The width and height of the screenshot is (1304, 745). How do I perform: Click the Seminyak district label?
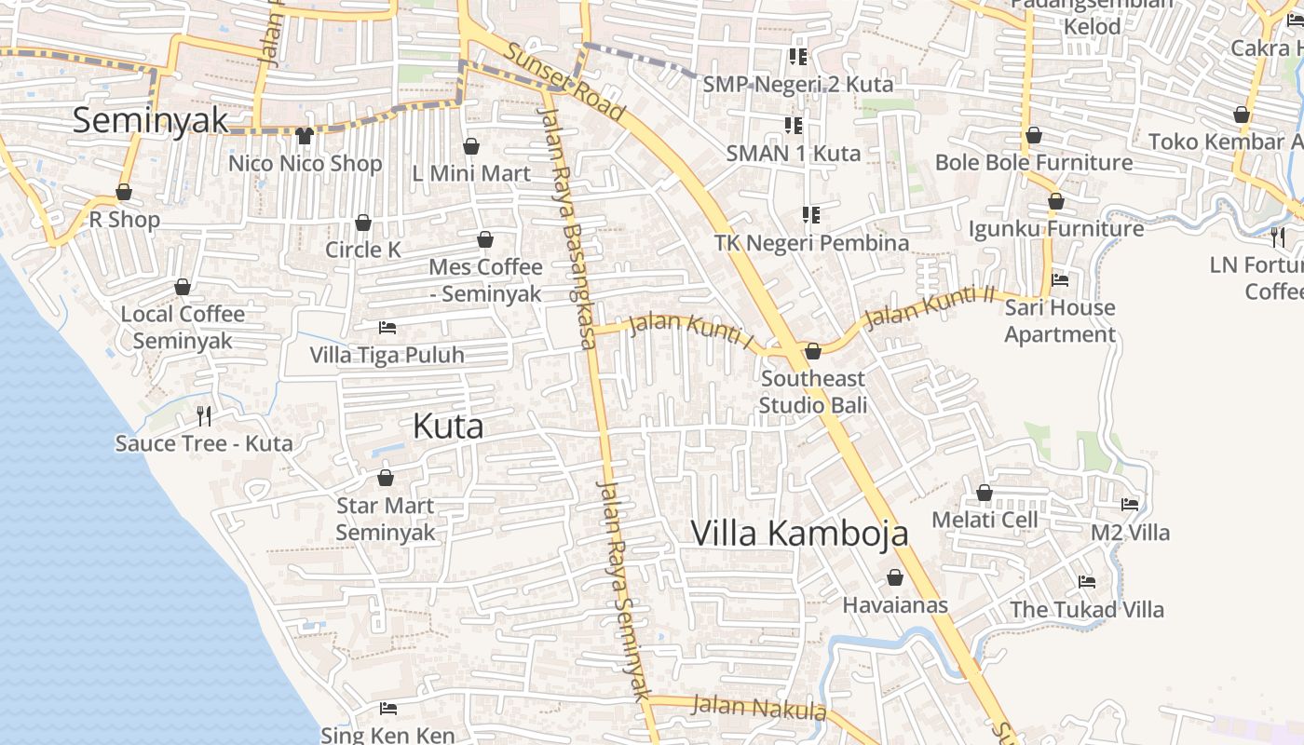(150, 120)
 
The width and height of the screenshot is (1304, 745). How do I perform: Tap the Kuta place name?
(448, 427)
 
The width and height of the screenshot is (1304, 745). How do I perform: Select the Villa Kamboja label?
(799, 534)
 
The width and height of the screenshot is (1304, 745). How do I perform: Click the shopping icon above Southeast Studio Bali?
(813, 351)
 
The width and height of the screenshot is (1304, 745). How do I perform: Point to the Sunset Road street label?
(564, 80)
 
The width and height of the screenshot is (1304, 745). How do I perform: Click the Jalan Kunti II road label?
(930, 307)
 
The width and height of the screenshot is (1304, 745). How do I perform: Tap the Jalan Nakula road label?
(759, 708)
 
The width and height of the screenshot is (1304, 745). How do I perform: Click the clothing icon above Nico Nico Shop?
(304, 136)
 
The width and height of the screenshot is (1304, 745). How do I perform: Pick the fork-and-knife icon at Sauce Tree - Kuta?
(204, 415)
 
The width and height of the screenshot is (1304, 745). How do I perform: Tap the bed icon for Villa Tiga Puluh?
(387, 328)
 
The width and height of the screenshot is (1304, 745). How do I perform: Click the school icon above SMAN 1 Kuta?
(794, 125)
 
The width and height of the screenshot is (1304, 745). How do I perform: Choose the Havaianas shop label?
(895, 605)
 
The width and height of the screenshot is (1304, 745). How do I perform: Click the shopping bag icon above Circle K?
(363, 223)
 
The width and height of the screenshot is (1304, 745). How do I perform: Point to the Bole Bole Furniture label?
(1034, 163)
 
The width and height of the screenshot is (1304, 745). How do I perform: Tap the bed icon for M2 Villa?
(1130, 505)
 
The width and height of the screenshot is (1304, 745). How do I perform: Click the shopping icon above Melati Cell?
(985, 493)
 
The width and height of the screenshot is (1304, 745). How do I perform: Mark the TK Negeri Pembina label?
(811, 243)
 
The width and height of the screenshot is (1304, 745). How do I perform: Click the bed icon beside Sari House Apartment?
(1059, 279)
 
